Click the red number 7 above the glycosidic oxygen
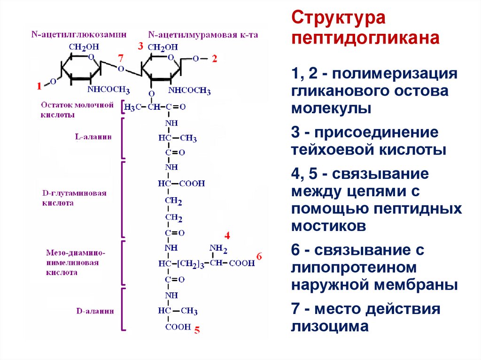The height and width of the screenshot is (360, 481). (121, 58)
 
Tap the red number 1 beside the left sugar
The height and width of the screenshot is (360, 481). (39, 85)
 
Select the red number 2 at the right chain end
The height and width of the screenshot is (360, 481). (214, 58)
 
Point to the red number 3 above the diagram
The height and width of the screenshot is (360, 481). (140, 46)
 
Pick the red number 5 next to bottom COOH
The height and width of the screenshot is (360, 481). (197, 330)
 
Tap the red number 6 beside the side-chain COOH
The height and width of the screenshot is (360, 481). (260, 256)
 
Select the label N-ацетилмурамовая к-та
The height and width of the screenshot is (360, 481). (203, 34)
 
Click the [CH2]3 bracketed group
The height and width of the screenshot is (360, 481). (190, 263)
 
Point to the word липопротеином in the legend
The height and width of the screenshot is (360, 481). (354, 268)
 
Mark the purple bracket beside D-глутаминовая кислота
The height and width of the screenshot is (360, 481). (123, 199)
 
